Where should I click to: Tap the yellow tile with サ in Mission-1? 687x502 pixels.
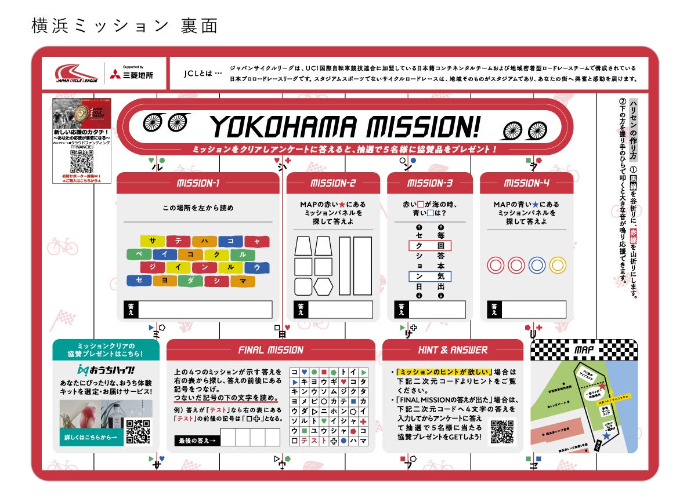(x=152, y=241)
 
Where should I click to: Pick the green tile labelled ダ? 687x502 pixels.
(x=190, y=281)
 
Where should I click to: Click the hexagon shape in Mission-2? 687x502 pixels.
(x=323, y=286)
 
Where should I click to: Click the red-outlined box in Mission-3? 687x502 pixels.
(x=429, y=246)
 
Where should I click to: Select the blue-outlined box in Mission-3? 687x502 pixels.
(x=429, y=277)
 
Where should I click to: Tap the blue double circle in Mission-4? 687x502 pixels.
(x=537, y=265)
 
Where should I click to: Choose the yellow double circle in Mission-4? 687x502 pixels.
(x=558, y=265)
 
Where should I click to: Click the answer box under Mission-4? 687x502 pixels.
(x=534, y=310)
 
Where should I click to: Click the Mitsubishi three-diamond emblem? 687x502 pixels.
(x=115, y=74)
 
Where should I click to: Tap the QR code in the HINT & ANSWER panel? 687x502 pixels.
(x=502, y=431)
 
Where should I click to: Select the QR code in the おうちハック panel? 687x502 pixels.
(x=138, y=431)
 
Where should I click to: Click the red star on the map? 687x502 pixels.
(x=602, y=385)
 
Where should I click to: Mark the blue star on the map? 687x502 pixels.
(x=606, y=435)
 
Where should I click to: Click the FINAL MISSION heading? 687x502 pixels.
(x=270, y=350)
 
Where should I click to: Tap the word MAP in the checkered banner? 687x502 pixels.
(x=584, y=350)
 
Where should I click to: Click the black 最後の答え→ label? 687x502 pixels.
(x=197, y=441)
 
